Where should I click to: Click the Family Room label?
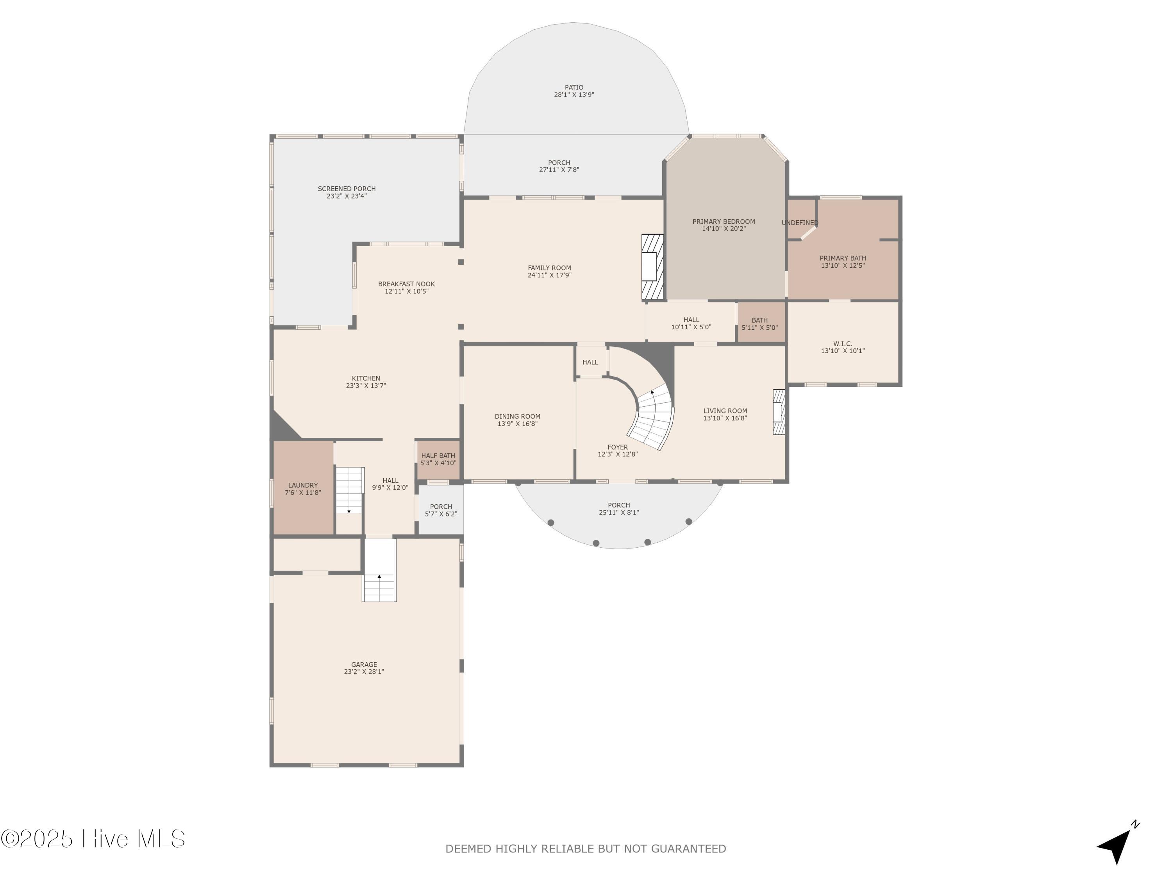pyautogui.click(x=549, y=268)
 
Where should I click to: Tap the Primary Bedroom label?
pyautogui.click(x=724, y=222)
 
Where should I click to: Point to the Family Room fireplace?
pyautogui.click(x=653, y=266)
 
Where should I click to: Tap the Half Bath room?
pyautogui.click(x=438, y=460)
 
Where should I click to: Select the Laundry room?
pyautogui.click(x=303, y=488)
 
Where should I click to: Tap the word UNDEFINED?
pyautogui.click(x=800, y=223)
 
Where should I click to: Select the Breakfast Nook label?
pyautogui.click(x=406, y=284)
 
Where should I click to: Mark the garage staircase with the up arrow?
pyautogui.click(x=379, y=571)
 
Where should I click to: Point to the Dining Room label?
pyautogui.click(x=518, y=416)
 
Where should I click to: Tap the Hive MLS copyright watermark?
pyautogui.click(x=93, y=839)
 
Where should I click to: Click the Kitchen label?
pyautogui.click(x=366, y=378)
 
